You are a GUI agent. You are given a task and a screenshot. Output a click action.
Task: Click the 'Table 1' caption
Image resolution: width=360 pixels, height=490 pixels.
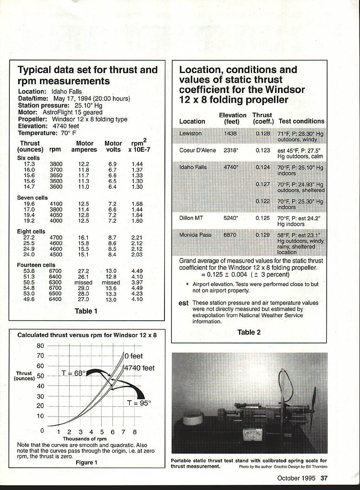click(86, 311)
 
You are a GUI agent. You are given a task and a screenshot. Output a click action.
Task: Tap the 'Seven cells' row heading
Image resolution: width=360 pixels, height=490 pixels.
click(33, 198)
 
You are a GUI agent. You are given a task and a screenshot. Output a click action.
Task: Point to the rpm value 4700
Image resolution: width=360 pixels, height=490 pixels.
click(56, 238)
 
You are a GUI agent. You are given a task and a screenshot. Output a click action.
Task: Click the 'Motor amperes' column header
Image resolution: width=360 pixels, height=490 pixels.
click(84, 146)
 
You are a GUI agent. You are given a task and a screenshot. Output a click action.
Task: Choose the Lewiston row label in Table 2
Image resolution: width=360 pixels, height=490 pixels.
click(190, 133)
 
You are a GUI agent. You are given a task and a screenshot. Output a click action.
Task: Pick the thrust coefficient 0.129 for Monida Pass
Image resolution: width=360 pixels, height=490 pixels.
click(262, 235)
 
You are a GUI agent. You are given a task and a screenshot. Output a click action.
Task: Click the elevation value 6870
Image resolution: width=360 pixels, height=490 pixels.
click(230, 235)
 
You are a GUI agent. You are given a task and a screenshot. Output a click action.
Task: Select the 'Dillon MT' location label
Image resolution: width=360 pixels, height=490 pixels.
click(191, 218)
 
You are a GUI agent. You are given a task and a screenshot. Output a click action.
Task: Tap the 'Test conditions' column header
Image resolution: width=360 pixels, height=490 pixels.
click(301, 121)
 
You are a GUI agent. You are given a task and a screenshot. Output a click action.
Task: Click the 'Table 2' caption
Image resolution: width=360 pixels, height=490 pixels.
click(249, 332)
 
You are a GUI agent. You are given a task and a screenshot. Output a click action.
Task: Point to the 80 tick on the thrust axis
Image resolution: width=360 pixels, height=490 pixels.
click(40, 346)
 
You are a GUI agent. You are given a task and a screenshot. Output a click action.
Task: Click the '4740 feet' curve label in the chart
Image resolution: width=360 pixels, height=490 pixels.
click(139, 368)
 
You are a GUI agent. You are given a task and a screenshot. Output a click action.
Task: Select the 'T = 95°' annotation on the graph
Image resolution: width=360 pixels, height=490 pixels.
click(139, 403)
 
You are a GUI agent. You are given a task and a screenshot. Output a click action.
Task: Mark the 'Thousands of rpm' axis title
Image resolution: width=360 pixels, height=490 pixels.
click(85, 438)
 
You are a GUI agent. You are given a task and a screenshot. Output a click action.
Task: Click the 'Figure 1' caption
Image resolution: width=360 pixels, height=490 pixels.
click(86, 462)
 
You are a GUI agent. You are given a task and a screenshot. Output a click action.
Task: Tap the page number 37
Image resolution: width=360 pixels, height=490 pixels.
click(324, 478)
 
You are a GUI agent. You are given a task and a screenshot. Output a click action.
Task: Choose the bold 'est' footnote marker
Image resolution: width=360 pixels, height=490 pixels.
click(183, 303)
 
